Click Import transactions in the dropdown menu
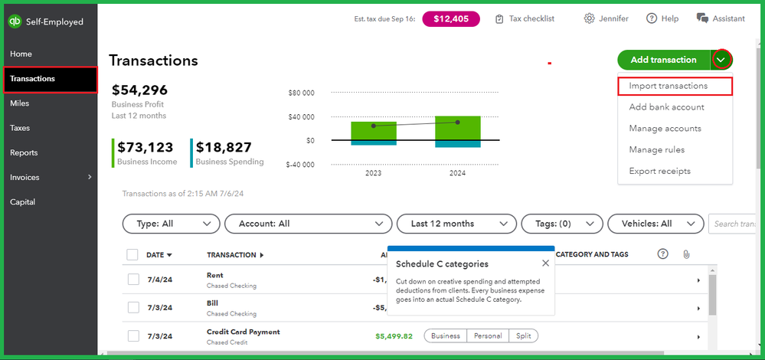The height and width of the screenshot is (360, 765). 668,86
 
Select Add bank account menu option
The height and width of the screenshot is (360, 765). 666,107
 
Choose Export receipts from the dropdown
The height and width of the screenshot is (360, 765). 659,171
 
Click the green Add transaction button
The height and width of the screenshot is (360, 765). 663,60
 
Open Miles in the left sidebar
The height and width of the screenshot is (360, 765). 20,103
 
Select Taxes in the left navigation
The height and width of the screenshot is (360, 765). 20,128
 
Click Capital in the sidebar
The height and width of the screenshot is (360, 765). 22,202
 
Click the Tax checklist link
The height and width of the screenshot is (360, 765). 525,18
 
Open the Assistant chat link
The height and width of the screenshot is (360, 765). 721,18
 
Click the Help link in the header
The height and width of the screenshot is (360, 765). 662,18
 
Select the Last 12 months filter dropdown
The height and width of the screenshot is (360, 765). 456,224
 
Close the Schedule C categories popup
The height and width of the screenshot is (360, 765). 545,263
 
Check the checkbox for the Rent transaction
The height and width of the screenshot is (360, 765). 133,280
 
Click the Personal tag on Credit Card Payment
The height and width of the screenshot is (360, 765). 487,335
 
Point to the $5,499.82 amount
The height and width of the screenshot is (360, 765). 394,335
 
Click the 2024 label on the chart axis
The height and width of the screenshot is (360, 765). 457,173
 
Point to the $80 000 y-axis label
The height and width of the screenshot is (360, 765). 301,93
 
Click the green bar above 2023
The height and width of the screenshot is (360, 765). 374,130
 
